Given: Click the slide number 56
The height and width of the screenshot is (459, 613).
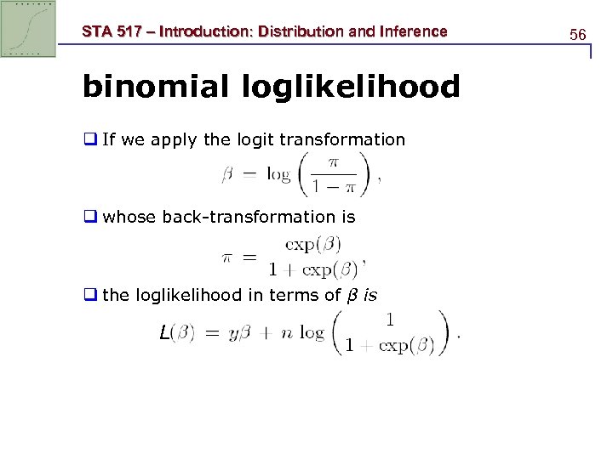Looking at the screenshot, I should (x=578, y=35).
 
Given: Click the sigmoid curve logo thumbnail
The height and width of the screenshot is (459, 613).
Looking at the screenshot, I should (x=28, y=28).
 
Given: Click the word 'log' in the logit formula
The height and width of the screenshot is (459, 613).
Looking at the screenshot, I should (x=278, y=175).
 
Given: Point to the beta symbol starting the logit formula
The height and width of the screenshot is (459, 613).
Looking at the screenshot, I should (x=227, y=175).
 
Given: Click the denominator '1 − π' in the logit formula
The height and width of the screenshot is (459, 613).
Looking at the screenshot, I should (x=331, y=186).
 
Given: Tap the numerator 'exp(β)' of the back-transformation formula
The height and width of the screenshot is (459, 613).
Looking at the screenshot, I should (x=312, y=245).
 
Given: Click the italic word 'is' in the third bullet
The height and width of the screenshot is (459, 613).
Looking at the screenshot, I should (x=370, y=295).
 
